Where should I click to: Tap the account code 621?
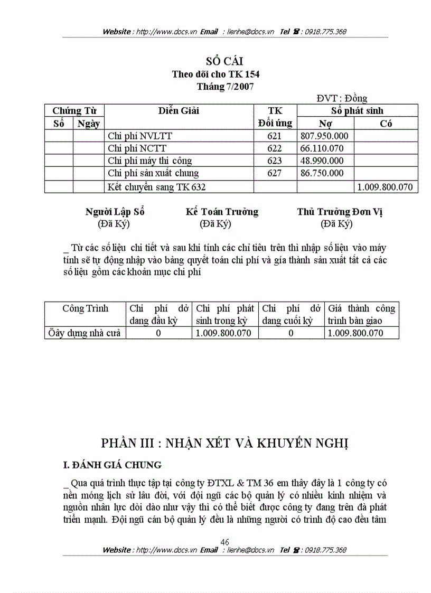275,136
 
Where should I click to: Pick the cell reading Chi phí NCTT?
137,148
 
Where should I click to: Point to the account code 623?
275,161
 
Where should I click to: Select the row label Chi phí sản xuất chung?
153,173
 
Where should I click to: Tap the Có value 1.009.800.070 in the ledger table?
386,187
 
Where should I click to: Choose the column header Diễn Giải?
179,111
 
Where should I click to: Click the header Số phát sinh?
357,111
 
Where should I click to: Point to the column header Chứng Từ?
74,111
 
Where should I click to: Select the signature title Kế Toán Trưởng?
222,212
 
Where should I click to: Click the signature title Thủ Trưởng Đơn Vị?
340,212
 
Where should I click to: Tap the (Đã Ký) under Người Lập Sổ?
114,224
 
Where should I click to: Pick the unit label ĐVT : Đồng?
342,98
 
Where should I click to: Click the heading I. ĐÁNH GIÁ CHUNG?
112,465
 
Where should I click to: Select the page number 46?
224,542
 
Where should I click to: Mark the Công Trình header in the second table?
85,308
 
